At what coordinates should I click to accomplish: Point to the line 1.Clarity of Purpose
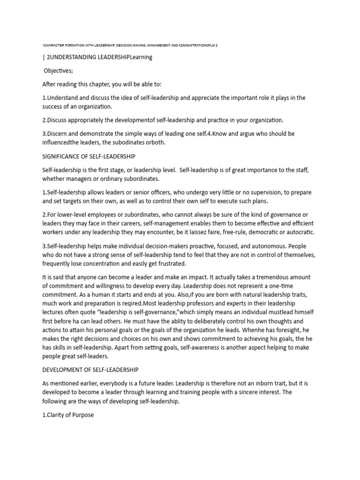coord(68,415)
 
